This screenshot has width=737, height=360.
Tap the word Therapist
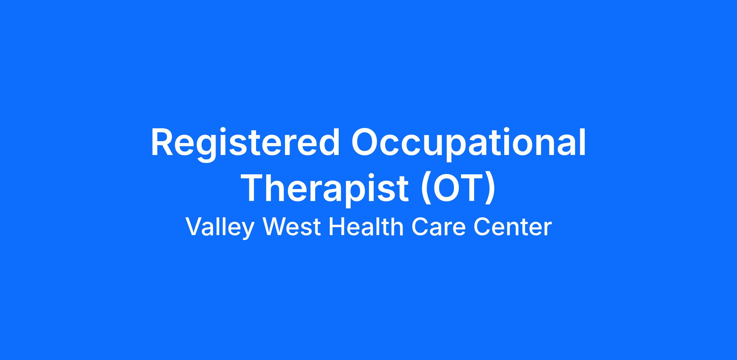click(x=325, y=188)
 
